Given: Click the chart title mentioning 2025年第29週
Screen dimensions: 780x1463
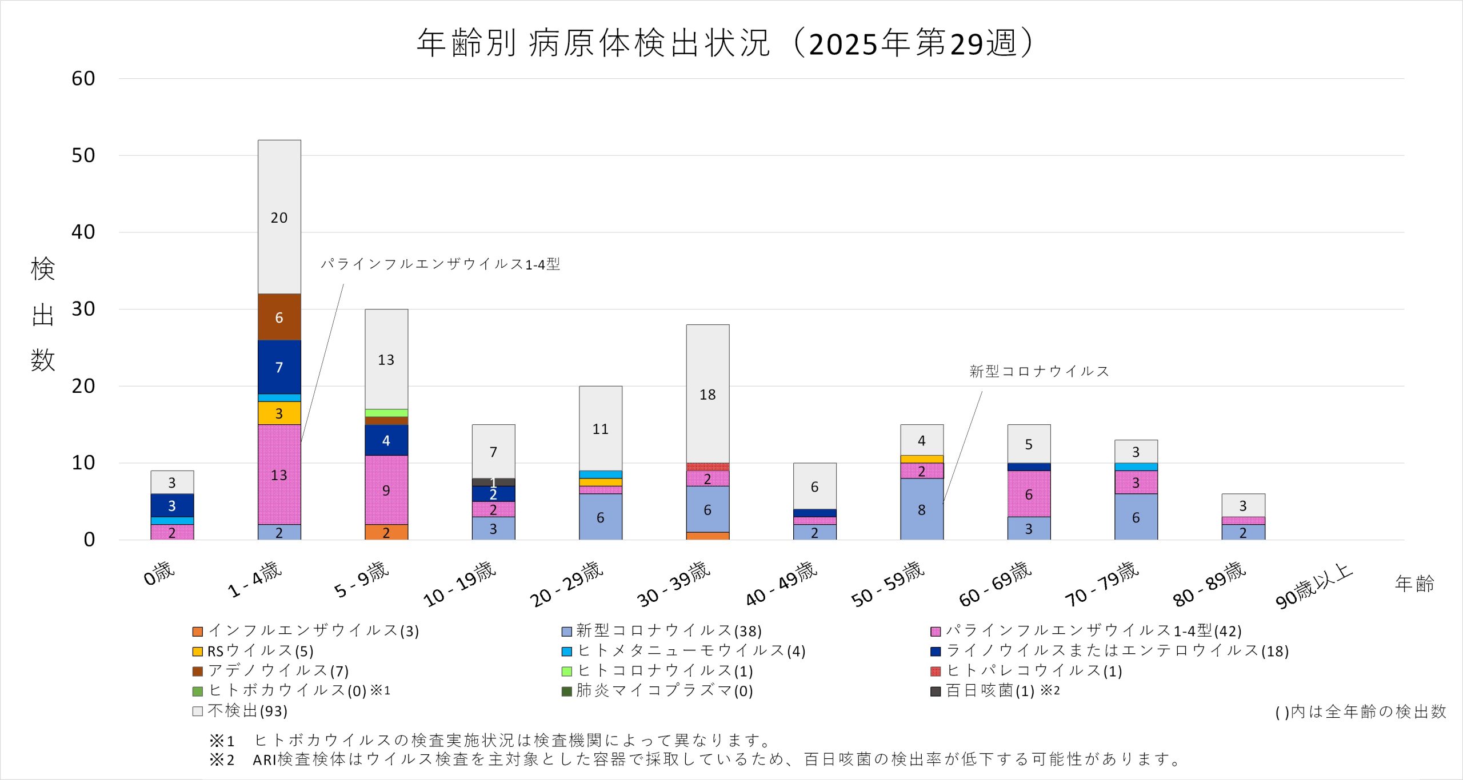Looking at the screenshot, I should click(x=726, y=43).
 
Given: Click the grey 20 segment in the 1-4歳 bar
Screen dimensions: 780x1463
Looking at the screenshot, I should click(x=279, y=217).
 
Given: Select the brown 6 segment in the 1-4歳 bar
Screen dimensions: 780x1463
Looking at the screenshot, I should click(x=279, y=317).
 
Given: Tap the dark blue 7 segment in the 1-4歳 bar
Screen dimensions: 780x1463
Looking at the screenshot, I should click(x=279, y=367).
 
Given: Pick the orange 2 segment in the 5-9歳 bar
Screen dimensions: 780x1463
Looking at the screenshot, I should click(x=386, y=532).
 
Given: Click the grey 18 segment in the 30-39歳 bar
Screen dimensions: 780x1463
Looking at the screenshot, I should click(x=707, y=394).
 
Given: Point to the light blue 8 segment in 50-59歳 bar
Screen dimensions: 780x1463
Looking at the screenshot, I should click(x=922, y=509).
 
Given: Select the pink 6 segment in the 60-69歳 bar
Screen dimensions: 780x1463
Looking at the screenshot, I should click(x=1029, y=494).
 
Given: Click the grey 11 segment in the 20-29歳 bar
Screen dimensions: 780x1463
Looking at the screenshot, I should click(x=601, y=428).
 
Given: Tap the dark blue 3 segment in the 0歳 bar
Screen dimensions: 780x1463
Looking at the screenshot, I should click(x=172, y=505).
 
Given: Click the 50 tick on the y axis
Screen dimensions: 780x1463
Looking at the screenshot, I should click(x=83, y=155).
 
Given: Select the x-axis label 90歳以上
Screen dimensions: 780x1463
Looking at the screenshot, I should click(x=1314, y=586).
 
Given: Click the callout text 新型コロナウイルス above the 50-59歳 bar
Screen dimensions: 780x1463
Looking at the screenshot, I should click(x=1039, y=371).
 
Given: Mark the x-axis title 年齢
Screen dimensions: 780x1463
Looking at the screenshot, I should click(x=1414, y=584).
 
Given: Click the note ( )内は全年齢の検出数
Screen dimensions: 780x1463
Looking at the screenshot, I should click(x=1361, y=712).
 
